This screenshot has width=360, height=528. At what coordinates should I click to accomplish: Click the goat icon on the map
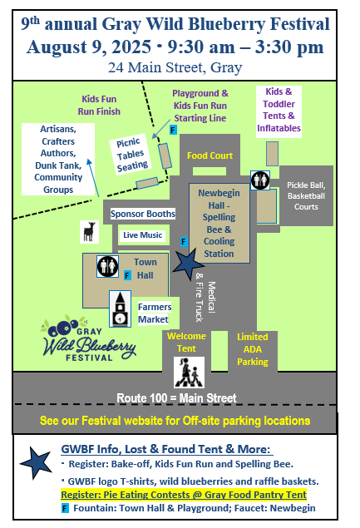click(89, 232)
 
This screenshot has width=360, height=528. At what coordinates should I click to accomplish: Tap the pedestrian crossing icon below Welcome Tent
click(189, 373)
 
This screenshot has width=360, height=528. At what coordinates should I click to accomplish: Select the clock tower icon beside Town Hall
click(121, 309)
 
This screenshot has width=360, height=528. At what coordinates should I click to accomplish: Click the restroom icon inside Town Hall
click(108, 266)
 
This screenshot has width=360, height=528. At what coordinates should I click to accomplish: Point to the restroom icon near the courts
click(260, 180)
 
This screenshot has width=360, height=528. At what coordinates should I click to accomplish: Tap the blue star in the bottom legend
click(36, 462)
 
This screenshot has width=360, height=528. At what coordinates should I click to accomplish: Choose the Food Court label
click(210, 155)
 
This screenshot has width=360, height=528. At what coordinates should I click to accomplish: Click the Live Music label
click(142, 235)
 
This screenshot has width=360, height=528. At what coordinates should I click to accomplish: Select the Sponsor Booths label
click(143, 214)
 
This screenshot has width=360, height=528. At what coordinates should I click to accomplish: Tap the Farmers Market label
click(155, 313)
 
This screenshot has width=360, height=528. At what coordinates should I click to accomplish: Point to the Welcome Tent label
click(186, 342)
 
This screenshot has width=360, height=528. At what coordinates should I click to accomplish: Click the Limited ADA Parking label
click(253, 349)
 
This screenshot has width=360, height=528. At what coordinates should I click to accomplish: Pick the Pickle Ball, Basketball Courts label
click(306, 196)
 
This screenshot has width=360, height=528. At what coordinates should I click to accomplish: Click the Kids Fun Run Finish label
click(99, 105)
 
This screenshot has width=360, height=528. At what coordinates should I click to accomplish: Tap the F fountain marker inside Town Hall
click(127, 275)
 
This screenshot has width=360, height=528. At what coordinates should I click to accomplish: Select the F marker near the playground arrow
click(173, 130)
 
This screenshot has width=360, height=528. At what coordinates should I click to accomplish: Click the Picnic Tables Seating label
click(131, 155)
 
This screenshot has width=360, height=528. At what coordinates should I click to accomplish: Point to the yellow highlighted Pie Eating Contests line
click(184, 495)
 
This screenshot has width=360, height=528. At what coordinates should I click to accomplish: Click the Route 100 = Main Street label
click(176, 398)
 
